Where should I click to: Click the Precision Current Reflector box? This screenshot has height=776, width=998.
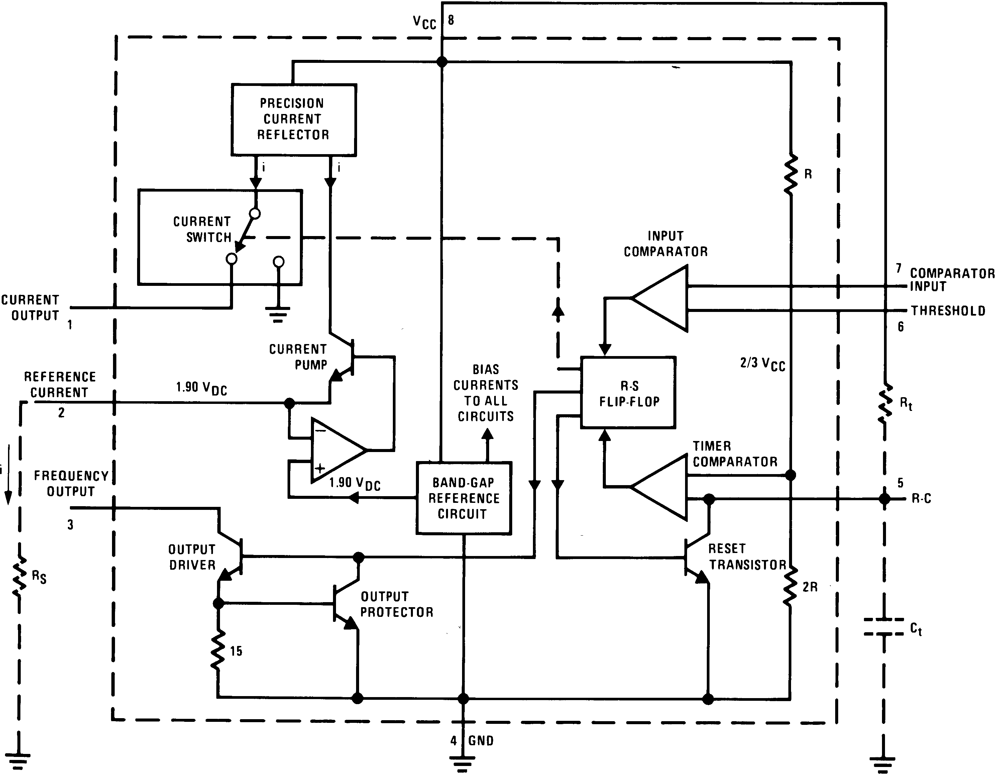tap(293, 119)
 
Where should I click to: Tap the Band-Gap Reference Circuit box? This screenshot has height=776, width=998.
tap(463, 498)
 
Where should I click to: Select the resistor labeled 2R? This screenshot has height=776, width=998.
tap(790, 587)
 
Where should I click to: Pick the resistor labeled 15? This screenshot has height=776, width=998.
tap(218, 650)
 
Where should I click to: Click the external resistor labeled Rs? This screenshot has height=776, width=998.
tap(19, 577)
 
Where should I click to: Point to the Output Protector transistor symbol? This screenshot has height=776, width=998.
tap(345, 604)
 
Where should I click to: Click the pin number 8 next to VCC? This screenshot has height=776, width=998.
tap(451, 20)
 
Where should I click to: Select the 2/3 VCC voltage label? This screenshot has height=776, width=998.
tap(762, 364)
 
